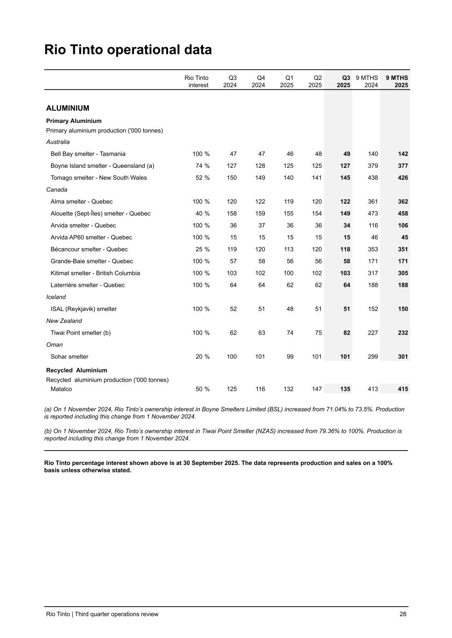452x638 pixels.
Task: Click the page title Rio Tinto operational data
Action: pos(128,50)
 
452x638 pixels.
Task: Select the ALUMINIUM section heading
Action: pos(68,108)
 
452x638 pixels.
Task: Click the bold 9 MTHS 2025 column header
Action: pos(396,81)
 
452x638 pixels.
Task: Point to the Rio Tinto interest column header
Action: pos(197,81)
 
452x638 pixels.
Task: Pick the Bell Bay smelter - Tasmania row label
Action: pos(88,154)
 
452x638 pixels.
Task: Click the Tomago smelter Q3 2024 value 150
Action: pos(232,178)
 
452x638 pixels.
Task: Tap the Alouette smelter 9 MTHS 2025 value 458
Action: pos(403,214)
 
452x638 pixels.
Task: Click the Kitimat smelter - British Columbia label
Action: pos(95,273)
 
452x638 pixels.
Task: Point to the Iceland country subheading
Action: pos(56,297)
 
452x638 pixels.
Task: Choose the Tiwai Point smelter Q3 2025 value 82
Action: pos(346,333)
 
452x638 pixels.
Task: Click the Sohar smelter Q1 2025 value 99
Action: pos(290,357)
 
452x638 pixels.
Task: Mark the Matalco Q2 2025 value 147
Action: pos(317,389)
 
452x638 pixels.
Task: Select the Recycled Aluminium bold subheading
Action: pos(77,370)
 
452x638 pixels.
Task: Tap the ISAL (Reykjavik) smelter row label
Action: pos(84,309)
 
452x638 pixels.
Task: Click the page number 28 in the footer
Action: pos(403,614)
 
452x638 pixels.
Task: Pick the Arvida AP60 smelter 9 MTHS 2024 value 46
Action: pos(374,237)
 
